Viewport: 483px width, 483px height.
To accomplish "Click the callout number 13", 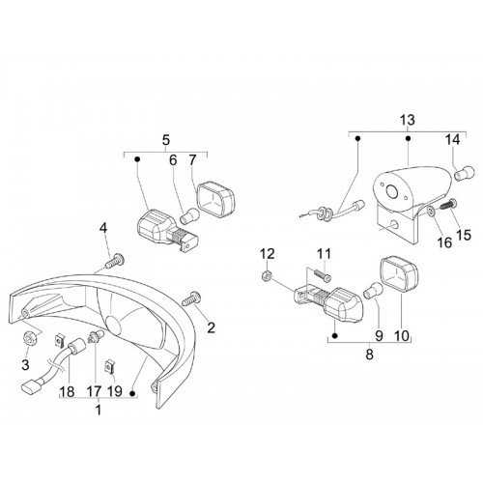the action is (x=408, y=121).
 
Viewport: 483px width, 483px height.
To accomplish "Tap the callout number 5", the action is (x=166, y=140).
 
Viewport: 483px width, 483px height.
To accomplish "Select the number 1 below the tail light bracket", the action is (x=99, y=410).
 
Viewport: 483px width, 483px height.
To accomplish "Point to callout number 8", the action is (x=369, y=355).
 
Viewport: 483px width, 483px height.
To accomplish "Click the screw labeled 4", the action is (x=115, y=260).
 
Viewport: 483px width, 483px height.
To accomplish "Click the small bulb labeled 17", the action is (x=96, y=337).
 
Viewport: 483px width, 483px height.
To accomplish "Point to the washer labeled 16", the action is (x=431, y=211).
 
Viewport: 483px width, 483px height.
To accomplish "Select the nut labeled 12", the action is (x=267, y=275).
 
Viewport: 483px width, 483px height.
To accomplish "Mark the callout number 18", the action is (x=67, y=392).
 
